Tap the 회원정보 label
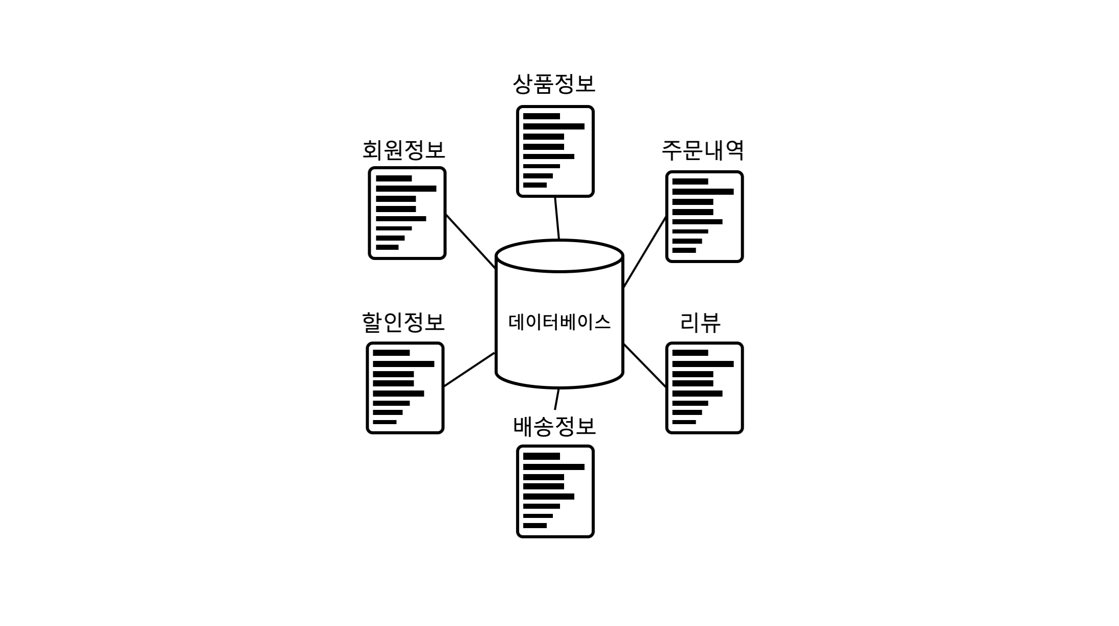[x=403, y=150]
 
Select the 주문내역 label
[x=703, y=150]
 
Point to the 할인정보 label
[x=403, y=322]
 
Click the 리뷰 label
[x=700, y=322]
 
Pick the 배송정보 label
[x=554, y=426]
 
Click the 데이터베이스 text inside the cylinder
[x=559, y=322]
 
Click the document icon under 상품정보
[x=555, y=151]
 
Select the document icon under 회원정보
[x=407, y=213]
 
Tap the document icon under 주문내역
[x=704, y=217]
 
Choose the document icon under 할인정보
[x=405, y=388]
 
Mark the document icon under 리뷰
[x=704, y=388]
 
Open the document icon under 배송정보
[x=555, y=491]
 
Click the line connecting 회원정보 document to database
[x=470, y=241]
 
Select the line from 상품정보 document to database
[x=557, y=218]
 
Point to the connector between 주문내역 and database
[x=645, y=252]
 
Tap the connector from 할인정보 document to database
[x=469, y=370]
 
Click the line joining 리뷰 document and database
[x=645, y=366]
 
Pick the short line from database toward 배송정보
[x=557, y=399]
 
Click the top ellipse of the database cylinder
[x=559, y=256]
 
